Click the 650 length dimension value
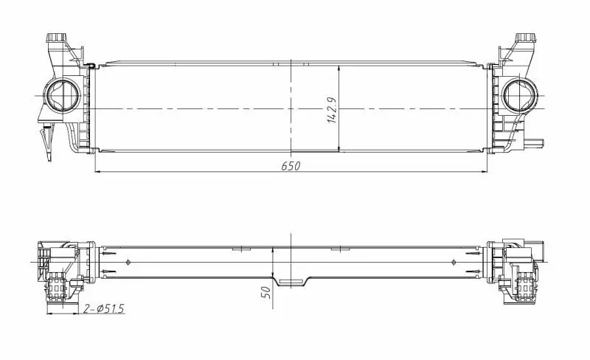[291, 166]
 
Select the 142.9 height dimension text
[333, 109]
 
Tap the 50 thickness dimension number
[266, 292]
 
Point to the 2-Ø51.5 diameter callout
[103, 309]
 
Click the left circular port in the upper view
[62, 94]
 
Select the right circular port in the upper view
[520, 94]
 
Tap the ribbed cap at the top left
[56, 38]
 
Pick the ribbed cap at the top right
[526, 38]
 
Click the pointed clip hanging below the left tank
[47, 142]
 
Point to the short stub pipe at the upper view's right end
[535, 142]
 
